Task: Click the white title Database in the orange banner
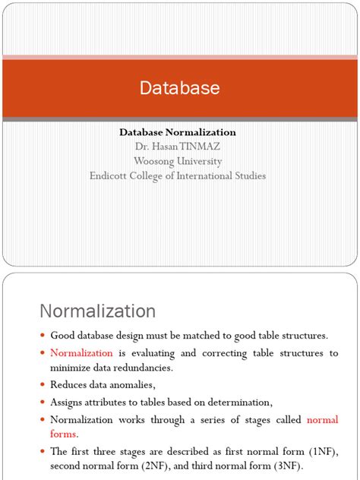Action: point(179,88)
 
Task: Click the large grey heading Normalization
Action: point(97,311)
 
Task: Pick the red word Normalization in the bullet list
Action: point(81,353)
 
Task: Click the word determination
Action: point(234,403)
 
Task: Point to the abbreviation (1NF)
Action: point(322,451)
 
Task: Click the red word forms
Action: point(63,434)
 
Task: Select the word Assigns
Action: point(66,403)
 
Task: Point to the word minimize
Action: point(68,368)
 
